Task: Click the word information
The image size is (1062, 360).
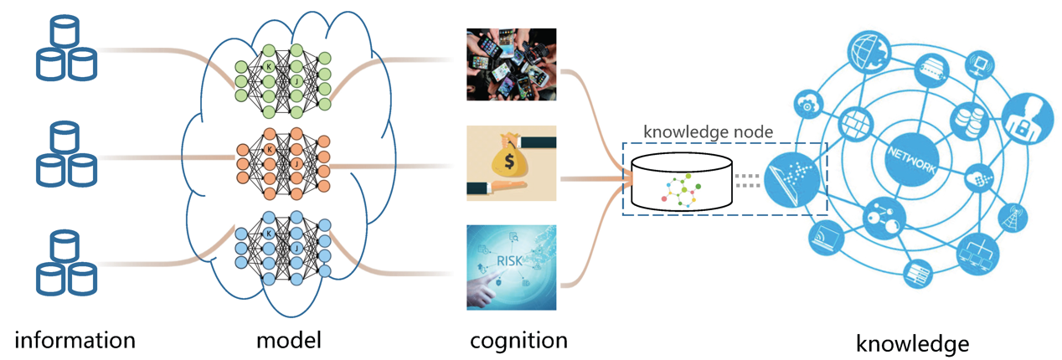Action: [75, 340]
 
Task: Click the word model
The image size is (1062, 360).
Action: [289, 340]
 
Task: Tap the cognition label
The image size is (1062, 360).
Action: [518, 340]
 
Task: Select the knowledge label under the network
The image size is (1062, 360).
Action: [913, 343]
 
